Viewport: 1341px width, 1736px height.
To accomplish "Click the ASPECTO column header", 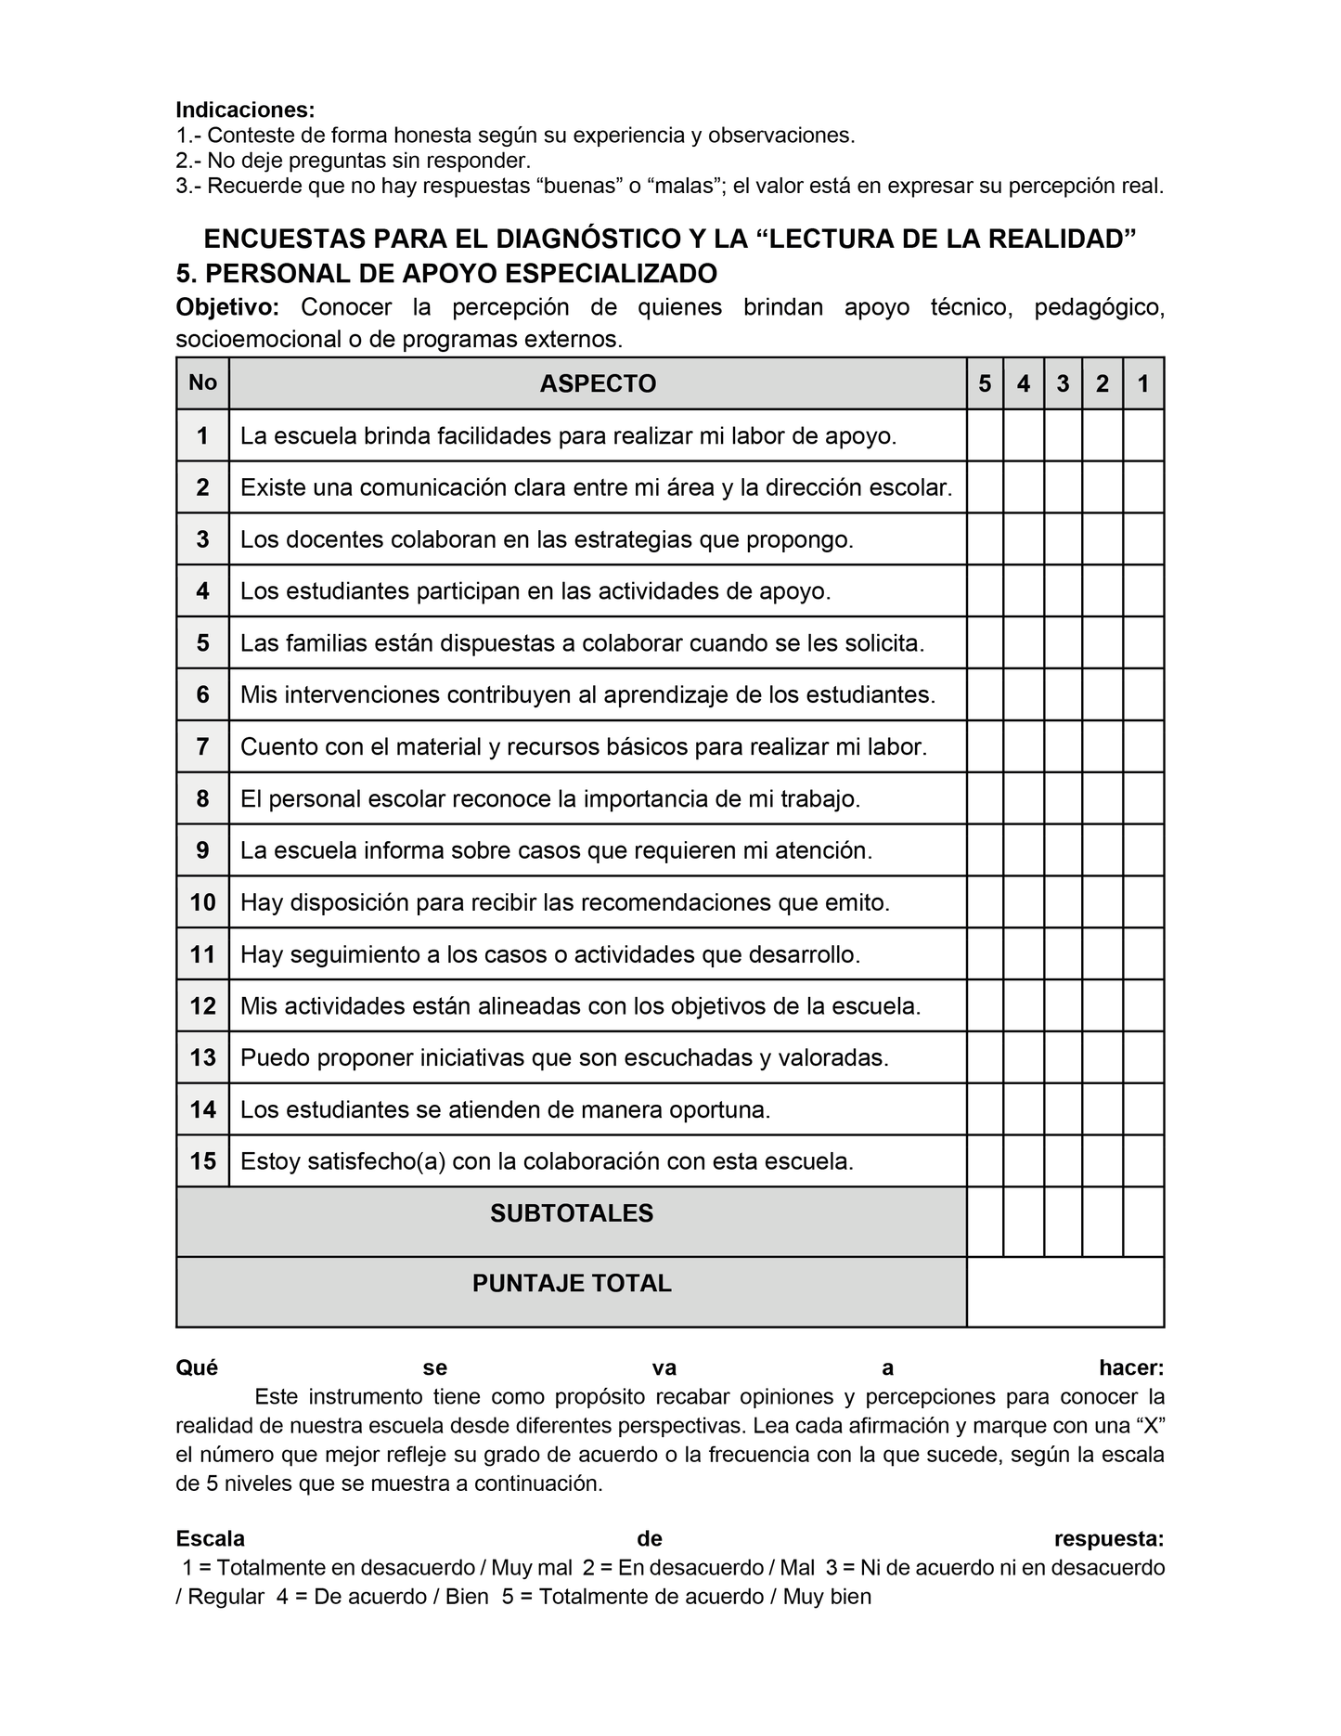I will click(598, 383).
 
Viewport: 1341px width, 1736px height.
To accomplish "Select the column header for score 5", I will click(985, 383).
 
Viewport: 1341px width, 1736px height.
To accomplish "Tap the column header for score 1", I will click(1143, 383).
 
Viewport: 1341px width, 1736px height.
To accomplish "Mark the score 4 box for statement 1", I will click(1024, 435).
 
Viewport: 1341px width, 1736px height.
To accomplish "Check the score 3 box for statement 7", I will click(1063, 746).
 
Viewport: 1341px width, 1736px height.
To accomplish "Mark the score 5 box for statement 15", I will click(985, 1160).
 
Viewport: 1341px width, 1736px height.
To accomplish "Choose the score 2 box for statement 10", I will click(1102, 902).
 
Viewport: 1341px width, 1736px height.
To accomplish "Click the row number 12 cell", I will click(202, 1005).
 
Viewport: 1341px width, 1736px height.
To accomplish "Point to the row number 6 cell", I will click(202, 694).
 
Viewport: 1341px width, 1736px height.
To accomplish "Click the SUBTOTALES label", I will click(572, 1213).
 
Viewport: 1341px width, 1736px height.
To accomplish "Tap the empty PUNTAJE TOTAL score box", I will click(1065, 1291).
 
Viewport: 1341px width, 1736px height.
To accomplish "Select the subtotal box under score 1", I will click(1143, 1221).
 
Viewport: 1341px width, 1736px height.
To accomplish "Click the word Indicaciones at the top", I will click(245, 110).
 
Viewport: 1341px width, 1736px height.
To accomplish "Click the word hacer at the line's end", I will click(1130, 1367).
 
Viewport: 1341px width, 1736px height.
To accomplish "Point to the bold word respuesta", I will click(1109, 1538).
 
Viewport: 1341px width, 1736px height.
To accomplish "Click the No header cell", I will click(202, 382).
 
